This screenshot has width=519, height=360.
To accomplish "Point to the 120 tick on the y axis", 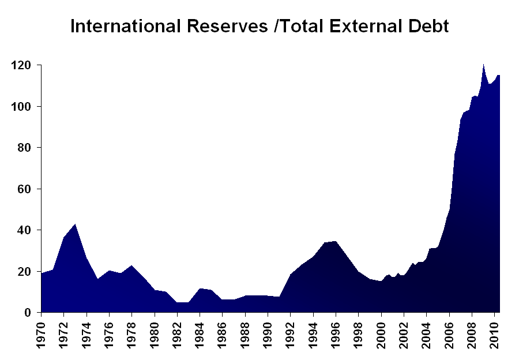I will pyautogui.click(x=22, y=66).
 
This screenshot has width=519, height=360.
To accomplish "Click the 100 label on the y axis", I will pyautogui.click(x=22, y=107).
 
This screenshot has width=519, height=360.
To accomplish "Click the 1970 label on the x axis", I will pyautogui.click(x=42, y=333).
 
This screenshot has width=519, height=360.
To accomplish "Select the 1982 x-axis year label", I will pyautogui.click(x=178, y=333).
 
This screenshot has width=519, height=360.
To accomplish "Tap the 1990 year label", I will pyautogui.click(x=268, y=333).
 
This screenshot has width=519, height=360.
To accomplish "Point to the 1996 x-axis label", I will pyautogui.click(x=336, y=333).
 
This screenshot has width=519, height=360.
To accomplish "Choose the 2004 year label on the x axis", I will pyautogui.click(x=427, y=333).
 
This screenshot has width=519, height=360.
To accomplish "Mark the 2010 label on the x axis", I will pyautogui.click(x=495, y=333).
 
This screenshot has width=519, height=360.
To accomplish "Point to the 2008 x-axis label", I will pyautogui.click(x=472, y=333).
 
